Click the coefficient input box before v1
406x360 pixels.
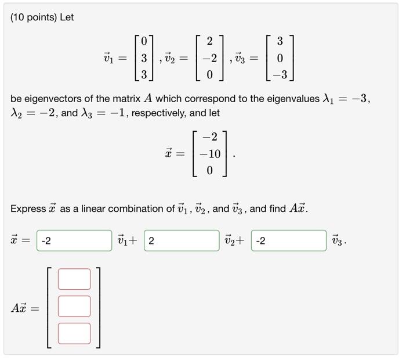(74, 240)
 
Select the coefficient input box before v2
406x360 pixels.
(182, 240)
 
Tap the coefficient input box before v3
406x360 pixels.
(288, 240)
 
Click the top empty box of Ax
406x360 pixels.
(74, 279)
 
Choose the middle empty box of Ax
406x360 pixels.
(74, 306)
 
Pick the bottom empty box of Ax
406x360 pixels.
(74, 333)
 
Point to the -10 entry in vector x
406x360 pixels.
(209, 154)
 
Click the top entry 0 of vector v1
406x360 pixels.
(144, 42)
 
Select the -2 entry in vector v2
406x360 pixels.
(209, 58)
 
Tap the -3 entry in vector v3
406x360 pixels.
(279, 75)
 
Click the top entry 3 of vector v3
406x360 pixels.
(280, 42)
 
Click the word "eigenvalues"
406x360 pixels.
(291, 99)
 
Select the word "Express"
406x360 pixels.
(28, 208)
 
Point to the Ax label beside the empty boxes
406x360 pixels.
(19, 308)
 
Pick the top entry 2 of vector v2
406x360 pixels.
(209, 42)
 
